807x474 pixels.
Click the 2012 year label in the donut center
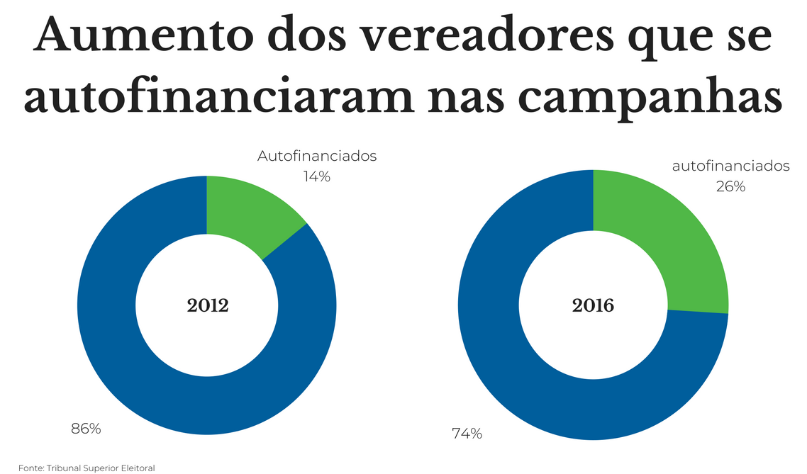(x=207, y=306)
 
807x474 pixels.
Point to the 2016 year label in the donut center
(x=593, y=306)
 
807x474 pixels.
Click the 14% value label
(x=317, y=176)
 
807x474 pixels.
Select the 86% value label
(x=86, y=429)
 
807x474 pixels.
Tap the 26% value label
(x=730, y=186)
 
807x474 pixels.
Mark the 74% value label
(x=467, y=434)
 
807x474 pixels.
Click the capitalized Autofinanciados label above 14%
(x=317, y=156)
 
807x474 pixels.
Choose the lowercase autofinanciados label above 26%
(x=730, y=167)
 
